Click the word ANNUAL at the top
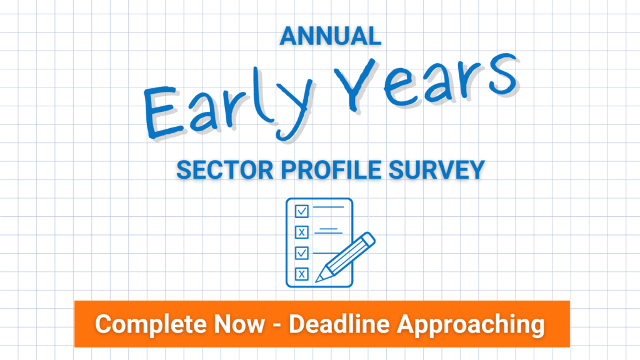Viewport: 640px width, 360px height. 330,36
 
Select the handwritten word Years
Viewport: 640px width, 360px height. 426,84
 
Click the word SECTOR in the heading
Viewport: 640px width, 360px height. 225,170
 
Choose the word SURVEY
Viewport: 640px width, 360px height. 436,170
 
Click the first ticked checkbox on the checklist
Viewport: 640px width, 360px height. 302,211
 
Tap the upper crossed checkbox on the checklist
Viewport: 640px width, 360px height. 302,232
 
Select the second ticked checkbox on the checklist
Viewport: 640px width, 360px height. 302,253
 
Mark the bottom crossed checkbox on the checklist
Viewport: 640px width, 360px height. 302,274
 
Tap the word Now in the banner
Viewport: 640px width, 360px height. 239,324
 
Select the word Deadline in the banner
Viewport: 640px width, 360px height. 339,324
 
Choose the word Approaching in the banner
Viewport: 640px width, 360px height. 471,325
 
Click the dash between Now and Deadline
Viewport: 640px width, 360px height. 277,325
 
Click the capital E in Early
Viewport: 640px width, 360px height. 162,112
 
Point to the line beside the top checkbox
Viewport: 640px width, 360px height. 329,207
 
